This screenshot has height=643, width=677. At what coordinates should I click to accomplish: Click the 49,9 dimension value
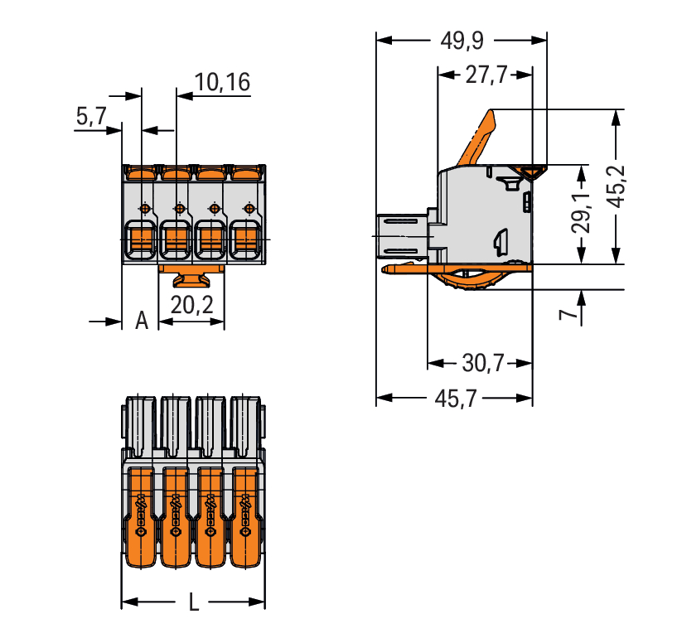click(462, 39)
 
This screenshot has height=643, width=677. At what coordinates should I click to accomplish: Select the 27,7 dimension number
click(486, 75)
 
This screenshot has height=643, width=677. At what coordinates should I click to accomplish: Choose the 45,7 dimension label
click(455, 399)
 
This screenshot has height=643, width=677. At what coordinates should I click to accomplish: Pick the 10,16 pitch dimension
click(222, 81)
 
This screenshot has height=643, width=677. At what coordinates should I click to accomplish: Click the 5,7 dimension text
click(90, 117)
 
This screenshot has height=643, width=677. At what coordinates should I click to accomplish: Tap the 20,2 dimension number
click(191, 305)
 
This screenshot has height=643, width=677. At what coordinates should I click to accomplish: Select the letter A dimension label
click(142, 321)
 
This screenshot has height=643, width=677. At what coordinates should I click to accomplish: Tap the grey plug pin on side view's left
click(403, 236)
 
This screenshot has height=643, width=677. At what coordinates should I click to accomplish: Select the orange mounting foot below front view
click(191, 274)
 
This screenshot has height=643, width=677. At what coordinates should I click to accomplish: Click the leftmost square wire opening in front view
click(141, 239)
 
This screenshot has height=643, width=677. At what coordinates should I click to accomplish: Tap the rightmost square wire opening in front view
click(245, 239)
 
